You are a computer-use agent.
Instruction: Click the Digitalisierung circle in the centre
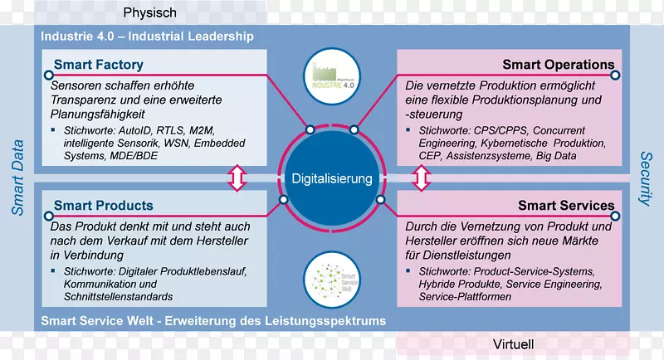click(332, 178)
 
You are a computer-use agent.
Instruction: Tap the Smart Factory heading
click(99, 65)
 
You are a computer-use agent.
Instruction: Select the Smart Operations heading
click(559, 65)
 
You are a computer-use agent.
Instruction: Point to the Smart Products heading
click(103, 205)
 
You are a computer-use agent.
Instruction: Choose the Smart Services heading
click(566, 205)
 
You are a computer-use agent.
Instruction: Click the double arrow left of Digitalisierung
click(238, 178)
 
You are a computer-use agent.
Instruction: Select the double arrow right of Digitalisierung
click(422, 178)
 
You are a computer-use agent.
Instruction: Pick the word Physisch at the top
click(150, 12)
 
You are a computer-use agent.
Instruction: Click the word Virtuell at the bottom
click(513, 344)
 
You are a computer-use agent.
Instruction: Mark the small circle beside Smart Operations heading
click(616, 75)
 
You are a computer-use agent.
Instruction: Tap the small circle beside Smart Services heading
click(616, 215)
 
